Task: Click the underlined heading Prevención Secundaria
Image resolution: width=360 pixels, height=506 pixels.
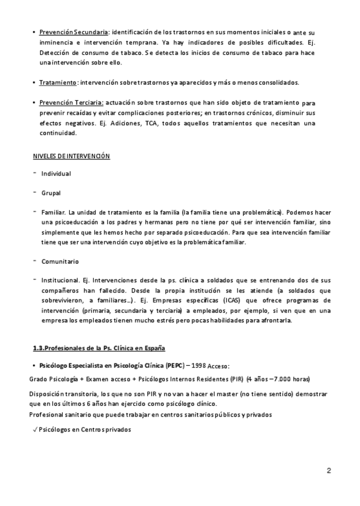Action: click(x=74, y=32)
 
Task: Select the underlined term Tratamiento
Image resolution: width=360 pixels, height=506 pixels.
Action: click(x=58, y=82)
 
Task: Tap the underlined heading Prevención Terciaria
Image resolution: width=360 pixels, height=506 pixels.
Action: click(x=72, y=103)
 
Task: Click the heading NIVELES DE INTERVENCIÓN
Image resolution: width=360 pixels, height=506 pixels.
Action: click(x=71, y=156)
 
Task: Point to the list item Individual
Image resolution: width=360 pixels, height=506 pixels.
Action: click(x=56, y=174)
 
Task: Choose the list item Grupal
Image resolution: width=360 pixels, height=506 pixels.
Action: click(x=51, y=193)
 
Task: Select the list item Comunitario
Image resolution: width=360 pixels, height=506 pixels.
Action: click(x=60, y=261)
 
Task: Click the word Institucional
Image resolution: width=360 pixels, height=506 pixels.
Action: click(x=60, y=280)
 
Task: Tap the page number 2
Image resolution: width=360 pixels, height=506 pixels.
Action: click(x=329, y=471)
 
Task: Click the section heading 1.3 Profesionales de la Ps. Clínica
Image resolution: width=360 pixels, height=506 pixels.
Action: click(x=99, y=348)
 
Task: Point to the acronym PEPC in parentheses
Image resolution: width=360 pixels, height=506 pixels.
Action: click(x=174, y=365)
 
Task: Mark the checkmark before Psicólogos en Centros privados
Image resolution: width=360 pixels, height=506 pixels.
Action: click(x=35, y=430)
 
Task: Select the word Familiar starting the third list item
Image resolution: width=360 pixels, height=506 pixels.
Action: click(x=54, y=212)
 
